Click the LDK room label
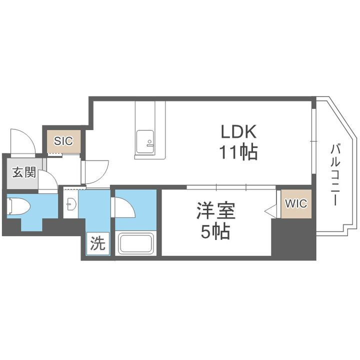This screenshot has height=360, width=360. coord(239,132)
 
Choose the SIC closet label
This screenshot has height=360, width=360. coord(63,140)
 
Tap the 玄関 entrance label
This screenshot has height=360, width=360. coord(23,173)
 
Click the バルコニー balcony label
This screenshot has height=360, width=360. coord(335,174)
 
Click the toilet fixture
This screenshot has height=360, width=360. coord(18,206)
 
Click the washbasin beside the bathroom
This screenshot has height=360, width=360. coord(71,204)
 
